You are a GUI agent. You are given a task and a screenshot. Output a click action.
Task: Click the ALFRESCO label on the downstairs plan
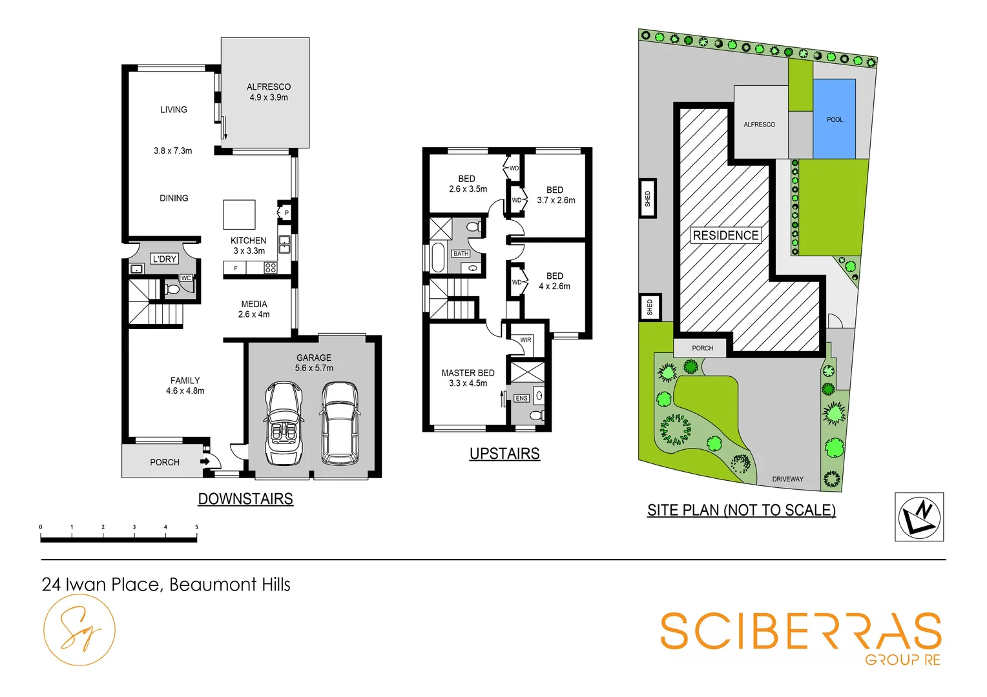click(269, 87)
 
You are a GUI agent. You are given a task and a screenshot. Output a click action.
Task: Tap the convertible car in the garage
click(284, 423)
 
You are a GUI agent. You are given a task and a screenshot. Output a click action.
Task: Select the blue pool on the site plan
click(835, 119)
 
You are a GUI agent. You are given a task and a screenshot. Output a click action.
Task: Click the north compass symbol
click(919, 517)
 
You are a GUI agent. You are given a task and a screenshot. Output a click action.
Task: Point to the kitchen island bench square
click(239, 214)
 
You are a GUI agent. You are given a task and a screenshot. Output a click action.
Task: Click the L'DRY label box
click(164, 259)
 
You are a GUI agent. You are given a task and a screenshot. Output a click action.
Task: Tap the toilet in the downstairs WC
click(172, 289)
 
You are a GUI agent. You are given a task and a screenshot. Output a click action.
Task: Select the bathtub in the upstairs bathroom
click(438, 258)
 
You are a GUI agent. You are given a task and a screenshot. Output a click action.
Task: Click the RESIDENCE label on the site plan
click(725, 236)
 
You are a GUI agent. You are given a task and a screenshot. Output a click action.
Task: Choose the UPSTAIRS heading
click(504, 454)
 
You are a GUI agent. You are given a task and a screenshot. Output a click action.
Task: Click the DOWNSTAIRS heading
click(245, 499)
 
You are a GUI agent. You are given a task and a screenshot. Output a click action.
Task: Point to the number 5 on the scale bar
click(196, 527)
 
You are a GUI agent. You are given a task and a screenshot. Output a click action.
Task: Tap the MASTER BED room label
click(468, 373)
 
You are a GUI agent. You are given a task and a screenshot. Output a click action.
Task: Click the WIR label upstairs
click(526, 340)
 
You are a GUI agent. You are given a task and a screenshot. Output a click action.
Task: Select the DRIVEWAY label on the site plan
click(787, 479)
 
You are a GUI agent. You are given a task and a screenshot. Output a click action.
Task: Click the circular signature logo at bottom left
click(79, 630)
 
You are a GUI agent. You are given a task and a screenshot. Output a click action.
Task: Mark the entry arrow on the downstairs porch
click(204, 461)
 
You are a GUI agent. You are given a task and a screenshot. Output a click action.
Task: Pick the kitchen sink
click(284, 244)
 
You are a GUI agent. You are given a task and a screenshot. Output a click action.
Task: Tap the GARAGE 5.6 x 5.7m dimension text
click(314, 368)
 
